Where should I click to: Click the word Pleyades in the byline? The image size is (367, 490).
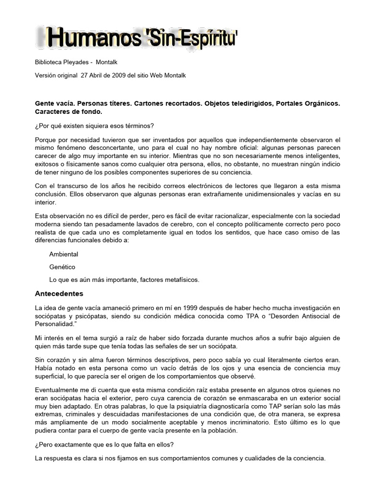coord(78,62)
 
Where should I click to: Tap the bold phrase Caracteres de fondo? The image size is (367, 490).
coord(69,111)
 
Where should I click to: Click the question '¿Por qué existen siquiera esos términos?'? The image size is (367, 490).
coord(95,126)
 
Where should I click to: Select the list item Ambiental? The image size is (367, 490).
coord(64,254)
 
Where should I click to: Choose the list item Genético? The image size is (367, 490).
coord(62,267)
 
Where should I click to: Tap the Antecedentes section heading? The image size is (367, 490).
coord(59,293)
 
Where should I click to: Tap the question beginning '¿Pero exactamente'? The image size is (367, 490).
coord(105,445)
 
